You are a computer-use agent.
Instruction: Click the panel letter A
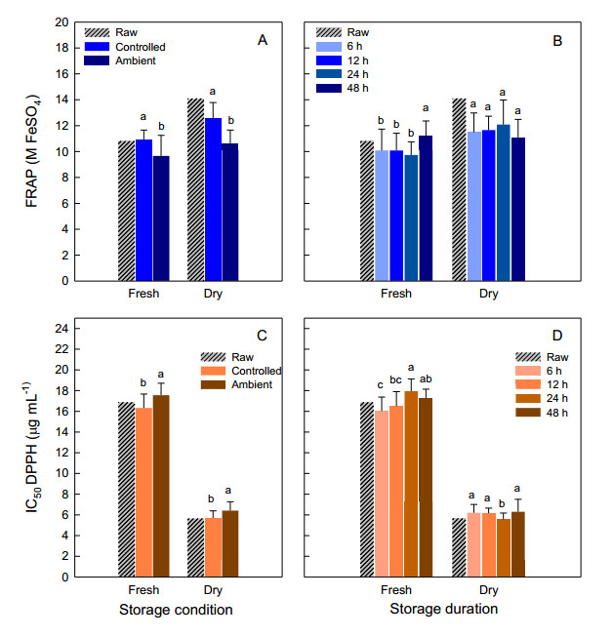coord(262,40)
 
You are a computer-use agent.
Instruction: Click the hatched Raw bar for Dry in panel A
coord(195,189)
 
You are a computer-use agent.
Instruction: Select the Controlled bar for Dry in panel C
coord(214,546)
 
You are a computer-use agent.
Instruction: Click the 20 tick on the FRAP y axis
coord(62,21)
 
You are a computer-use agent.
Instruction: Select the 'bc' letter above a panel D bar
coord(396,379)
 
